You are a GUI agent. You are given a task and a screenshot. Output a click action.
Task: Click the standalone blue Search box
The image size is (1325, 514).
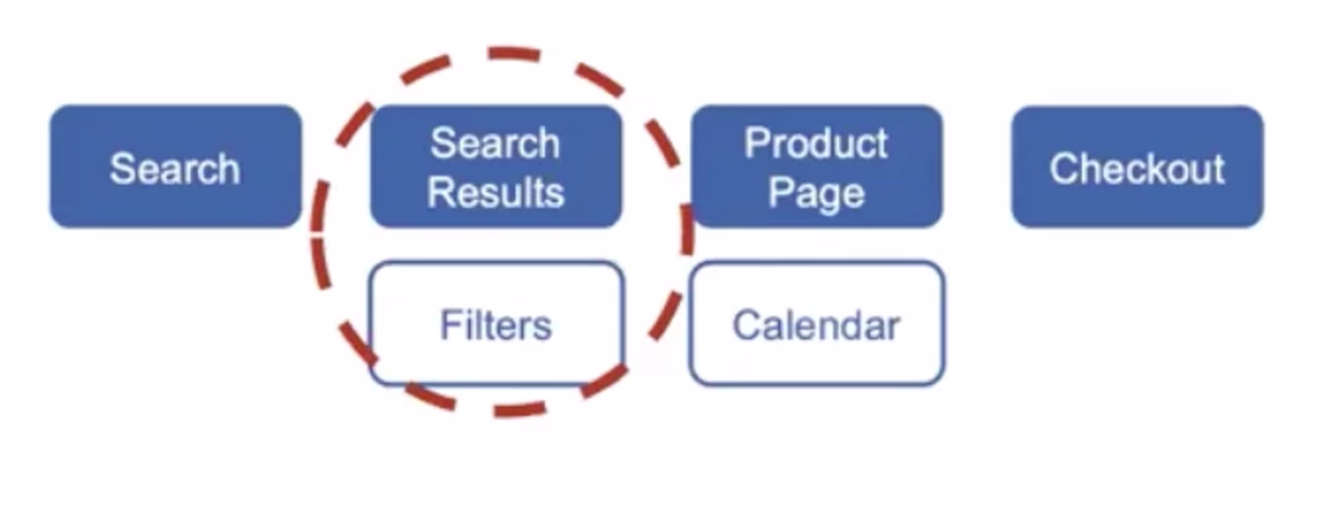(175, 166)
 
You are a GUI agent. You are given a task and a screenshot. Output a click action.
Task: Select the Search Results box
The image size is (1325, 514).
(495, 166)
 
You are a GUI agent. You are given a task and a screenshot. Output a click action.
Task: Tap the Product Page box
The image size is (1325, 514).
(816, 166)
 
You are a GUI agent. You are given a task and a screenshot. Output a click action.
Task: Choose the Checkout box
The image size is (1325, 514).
(1137, 166)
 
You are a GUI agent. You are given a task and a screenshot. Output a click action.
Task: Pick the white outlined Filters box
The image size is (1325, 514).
(496, 323)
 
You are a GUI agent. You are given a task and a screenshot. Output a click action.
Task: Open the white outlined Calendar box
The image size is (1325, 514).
(816, 323)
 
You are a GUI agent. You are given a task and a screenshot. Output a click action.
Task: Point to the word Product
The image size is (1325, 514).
(816, 144)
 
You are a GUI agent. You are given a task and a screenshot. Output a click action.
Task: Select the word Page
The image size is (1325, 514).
(816, 193)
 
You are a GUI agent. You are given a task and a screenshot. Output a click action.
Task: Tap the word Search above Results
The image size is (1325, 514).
(495, 144)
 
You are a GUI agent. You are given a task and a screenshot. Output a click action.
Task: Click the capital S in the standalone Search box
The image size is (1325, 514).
(121, 169)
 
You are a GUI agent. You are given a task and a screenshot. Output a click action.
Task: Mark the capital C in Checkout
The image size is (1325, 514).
(1062, 169)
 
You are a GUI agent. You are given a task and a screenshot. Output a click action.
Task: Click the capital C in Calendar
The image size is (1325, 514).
(746, 325)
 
